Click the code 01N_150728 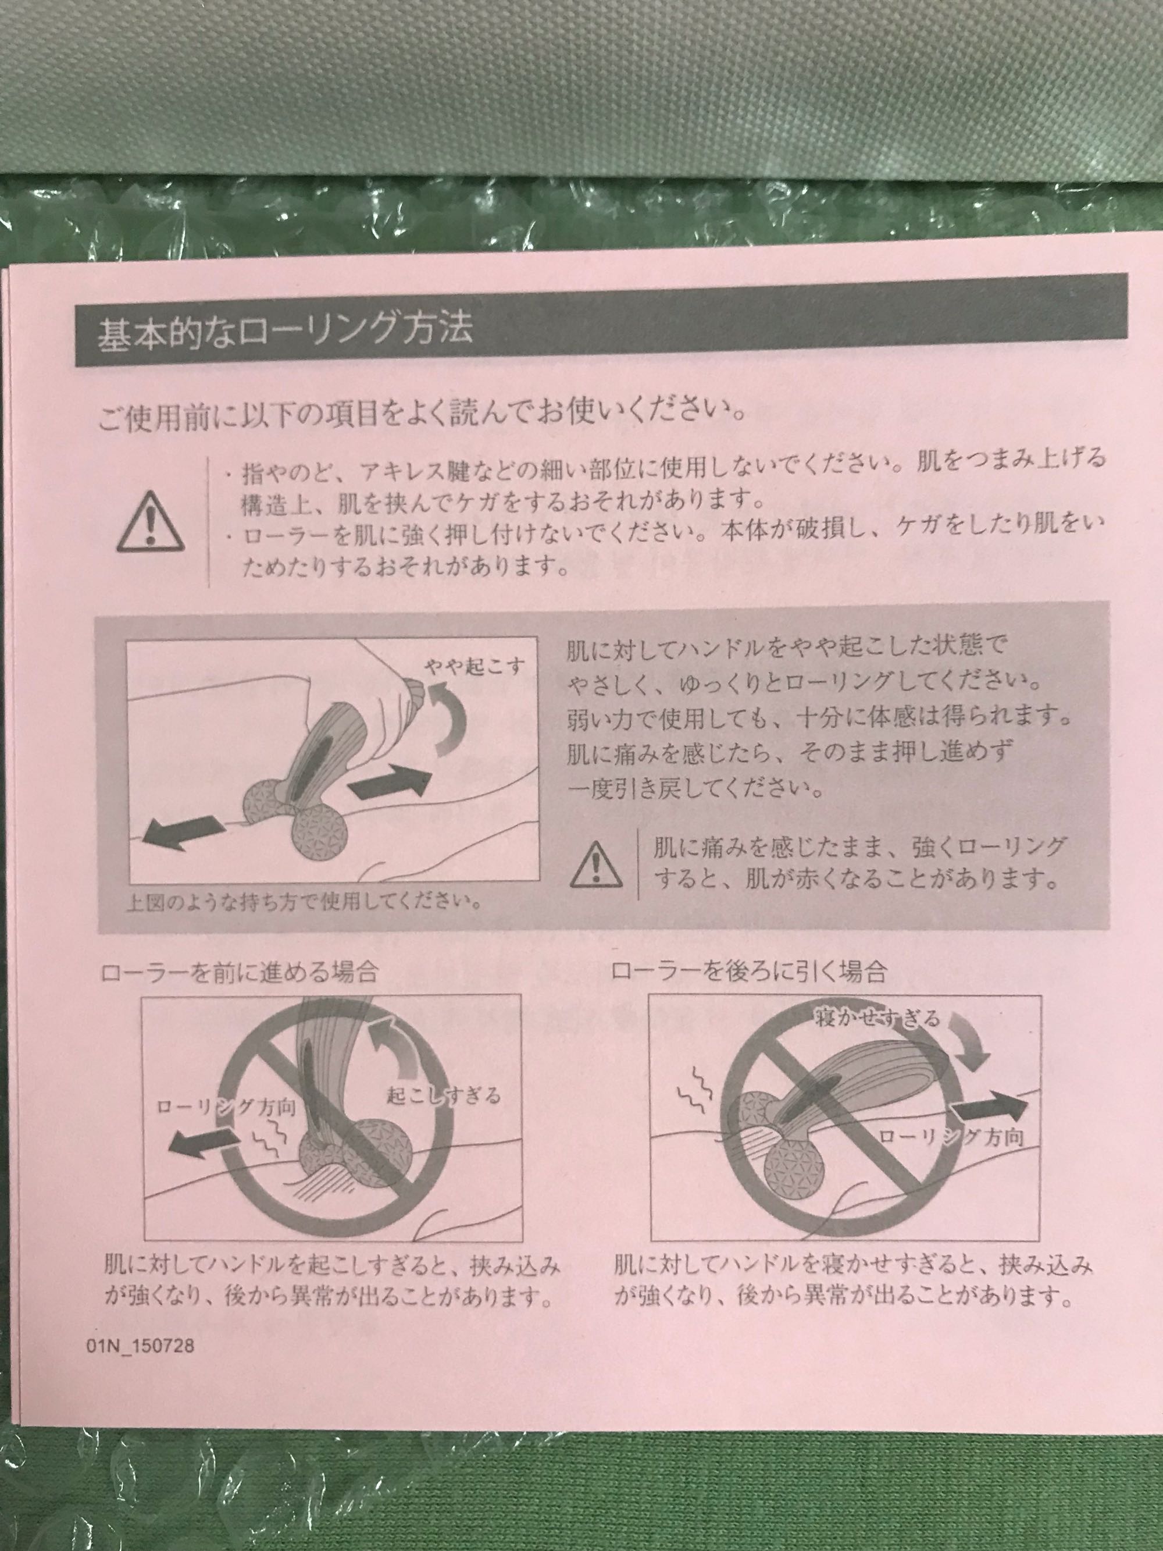click(x=141, y=1346)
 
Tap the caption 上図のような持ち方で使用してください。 click(x=304, y=901)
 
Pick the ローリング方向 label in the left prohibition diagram click(x=226, y=1108)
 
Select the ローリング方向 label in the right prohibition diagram click(x=951, y=1138)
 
